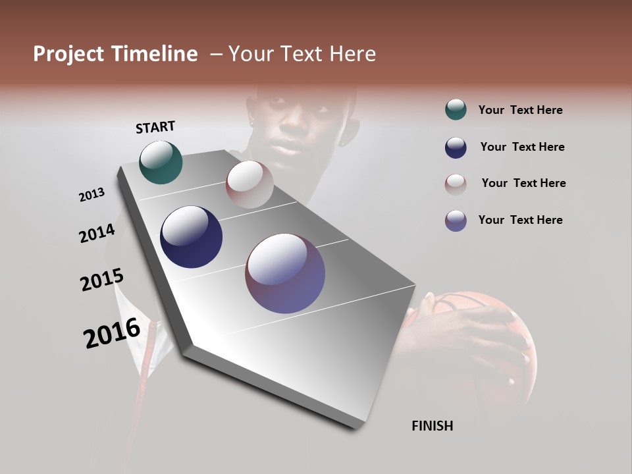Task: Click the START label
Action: point(155,127)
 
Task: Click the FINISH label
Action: point(432,426)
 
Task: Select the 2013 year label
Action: point(92,195)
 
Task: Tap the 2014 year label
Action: point(97,234)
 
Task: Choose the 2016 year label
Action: point(112,333)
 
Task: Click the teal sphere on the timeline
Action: point(161,162)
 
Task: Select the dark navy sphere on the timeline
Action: point(191,237)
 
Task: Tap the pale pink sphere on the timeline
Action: point(250,184)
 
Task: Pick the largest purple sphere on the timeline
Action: point(285,273)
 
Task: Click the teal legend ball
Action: point(456,110)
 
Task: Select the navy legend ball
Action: point(456,147)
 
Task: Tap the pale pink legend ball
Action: point(456,184)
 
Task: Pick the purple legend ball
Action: point(456,221)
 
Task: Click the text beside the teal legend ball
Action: point(520,111)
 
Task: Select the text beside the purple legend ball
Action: point(520,220)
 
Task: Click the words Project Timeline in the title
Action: point(115,54)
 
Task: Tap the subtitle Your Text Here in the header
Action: point(302,54)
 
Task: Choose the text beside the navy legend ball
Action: point(522,147)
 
